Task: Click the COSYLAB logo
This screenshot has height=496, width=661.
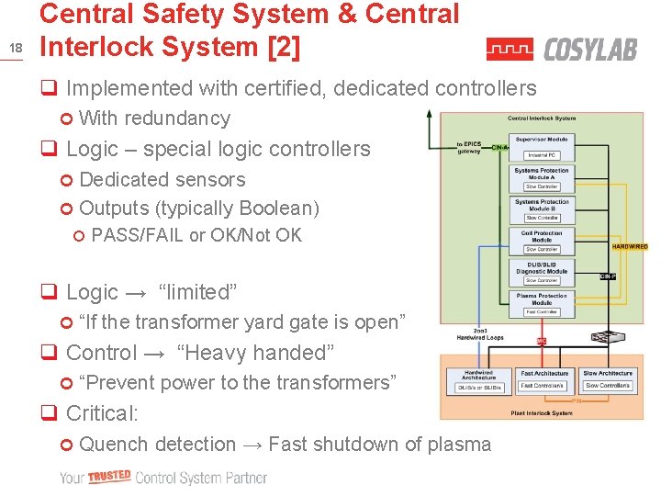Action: click(x=561, y=49)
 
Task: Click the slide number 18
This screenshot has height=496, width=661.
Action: click(x=15, y=47)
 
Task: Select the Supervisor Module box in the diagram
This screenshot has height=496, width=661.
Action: click(x=541, y=144)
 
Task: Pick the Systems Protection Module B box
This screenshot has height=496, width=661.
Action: click(x=541, y=209)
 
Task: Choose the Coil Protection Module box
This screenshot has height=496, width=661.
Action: click(x=541, y=242)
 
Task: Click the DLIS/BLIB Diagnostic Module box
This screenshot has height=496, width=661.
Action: click(x=541, y=273)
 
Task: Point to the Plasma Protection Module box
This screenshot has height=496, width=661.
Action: click(x=541, y=304)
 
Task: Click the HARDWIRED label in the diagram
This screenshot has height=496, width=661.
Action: click(x=630, y=246)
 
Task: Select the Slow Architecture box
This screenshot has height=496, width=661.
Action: click(x=607, y=379)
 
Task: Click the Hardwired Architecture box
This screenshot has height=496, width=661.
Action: click(x=478, y=380)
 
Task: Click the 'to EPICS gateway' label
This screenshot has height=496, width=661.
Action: click(x=468, y=148)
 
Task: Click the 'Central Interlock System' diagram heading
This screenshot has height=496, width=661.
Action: click(x=542, y=118)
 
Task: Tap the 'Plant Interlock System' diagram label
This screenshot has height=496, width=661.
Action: click(x=542, y=413)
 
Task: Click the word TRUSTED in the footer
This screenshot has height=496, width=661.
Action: click(x=110, y=477)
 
